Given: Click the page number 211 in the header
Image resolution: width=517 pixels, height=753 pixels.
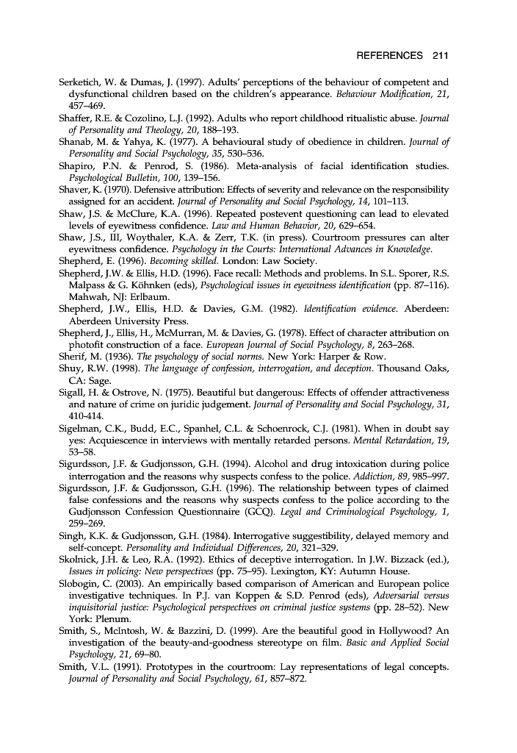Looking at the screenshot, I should [x=441, y=55].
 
